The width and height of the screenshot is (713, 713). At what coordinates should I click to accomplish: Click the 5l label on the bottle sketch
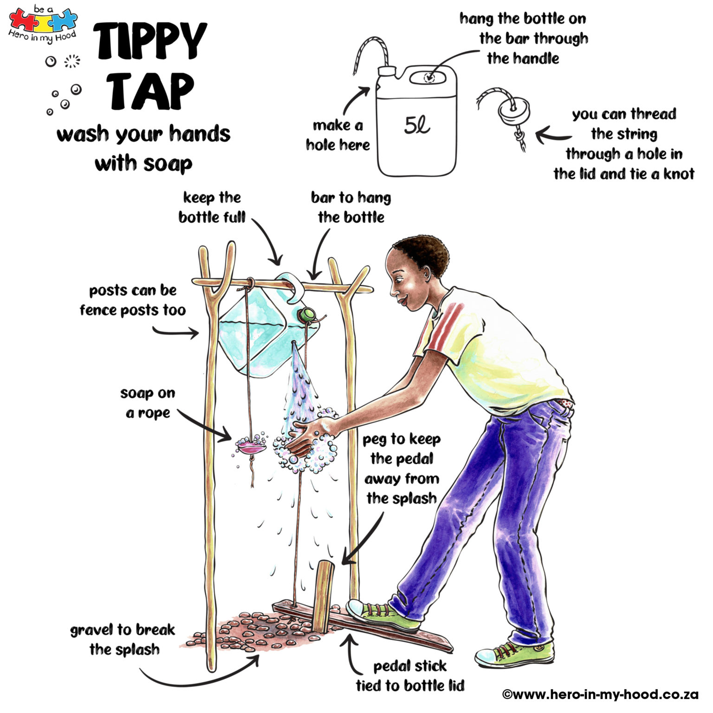pos(417,125)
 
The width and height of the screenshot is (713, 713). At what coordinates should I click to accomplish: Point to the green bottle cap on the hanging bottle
pos(306,315)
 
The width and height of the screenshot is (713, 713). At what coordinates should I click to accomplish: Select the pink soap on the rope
pos(251,447)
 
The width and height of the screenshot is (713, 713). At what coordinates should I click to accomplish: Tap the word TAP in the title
pos(151,91)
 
